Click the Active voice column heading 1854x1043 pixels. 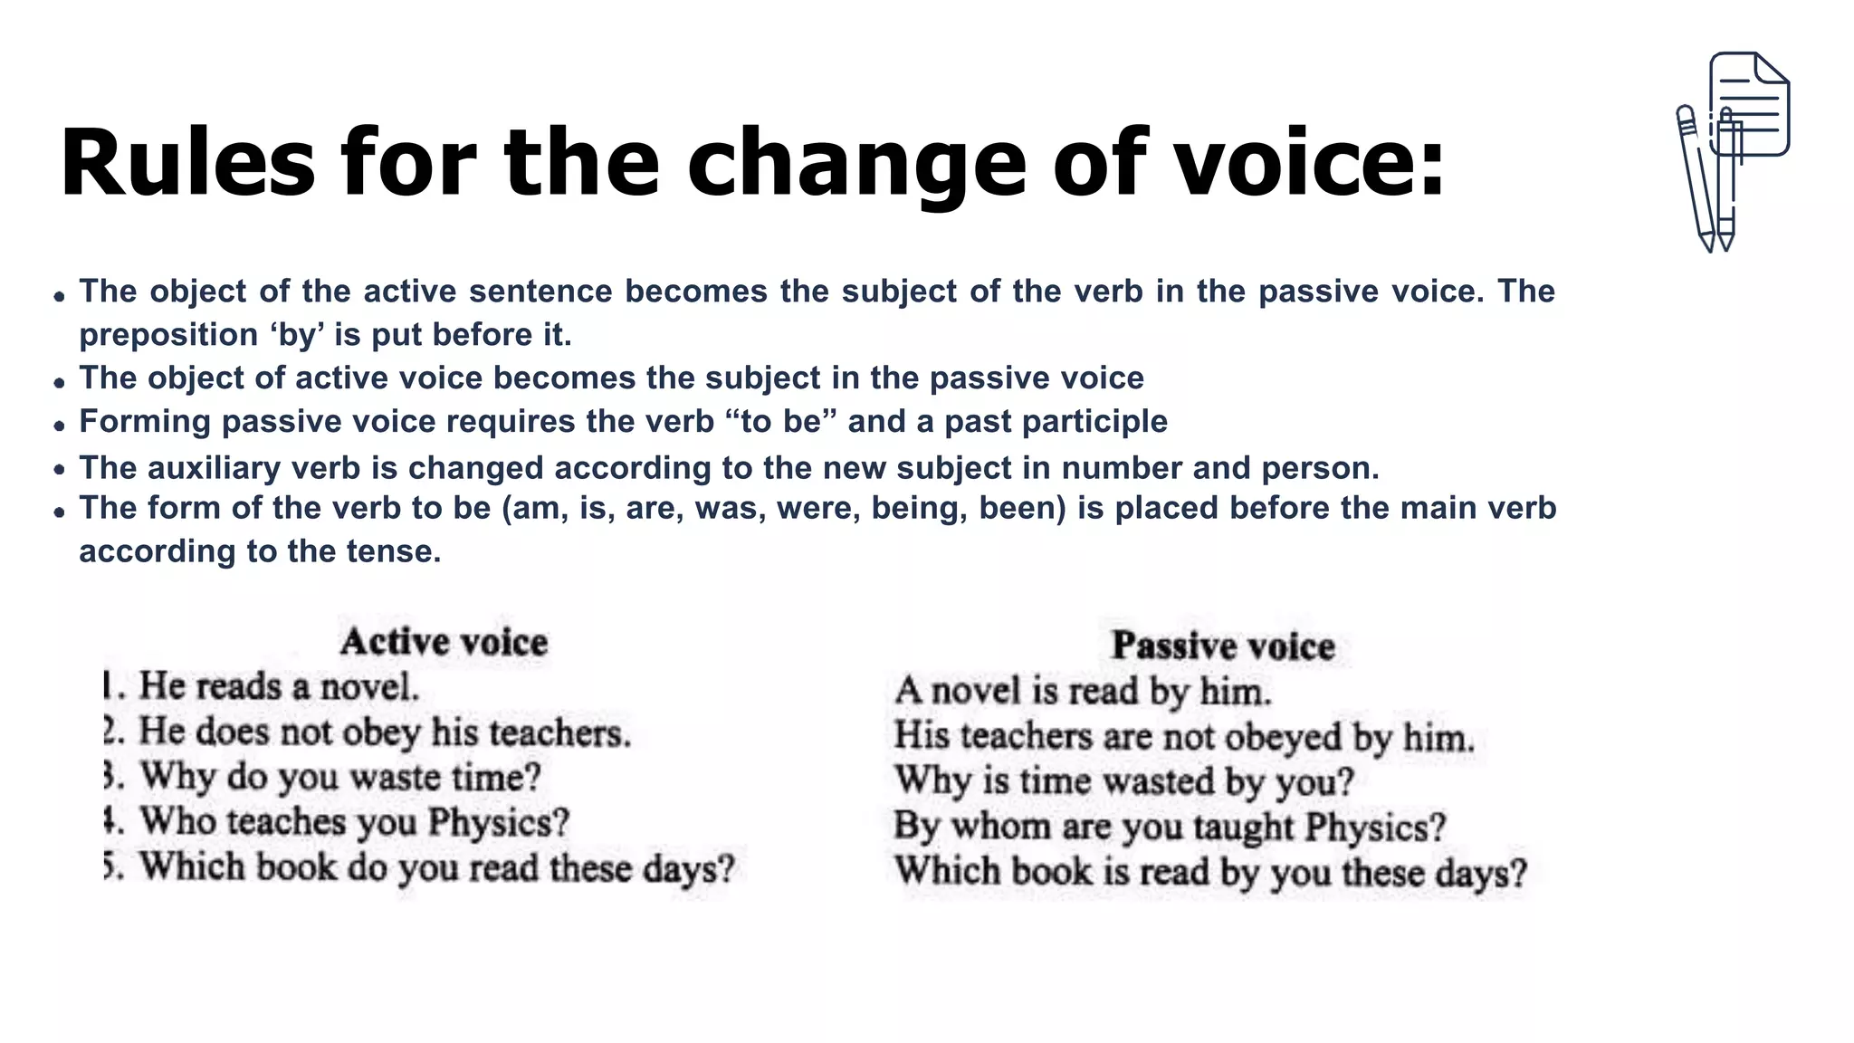coord(444,642)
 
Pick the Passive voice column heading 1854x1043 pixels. coord(1223,646)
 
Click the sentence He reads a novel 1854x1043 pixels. coord(279,686)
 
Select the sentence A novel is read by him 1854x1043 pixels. coord(1083,692)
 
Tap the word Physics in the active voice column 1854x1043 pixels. coord(498,822)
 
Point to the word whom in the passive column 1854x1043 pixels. coord(1001,827)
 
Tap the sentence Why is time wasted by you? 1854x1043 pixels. coord(1123,781)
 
